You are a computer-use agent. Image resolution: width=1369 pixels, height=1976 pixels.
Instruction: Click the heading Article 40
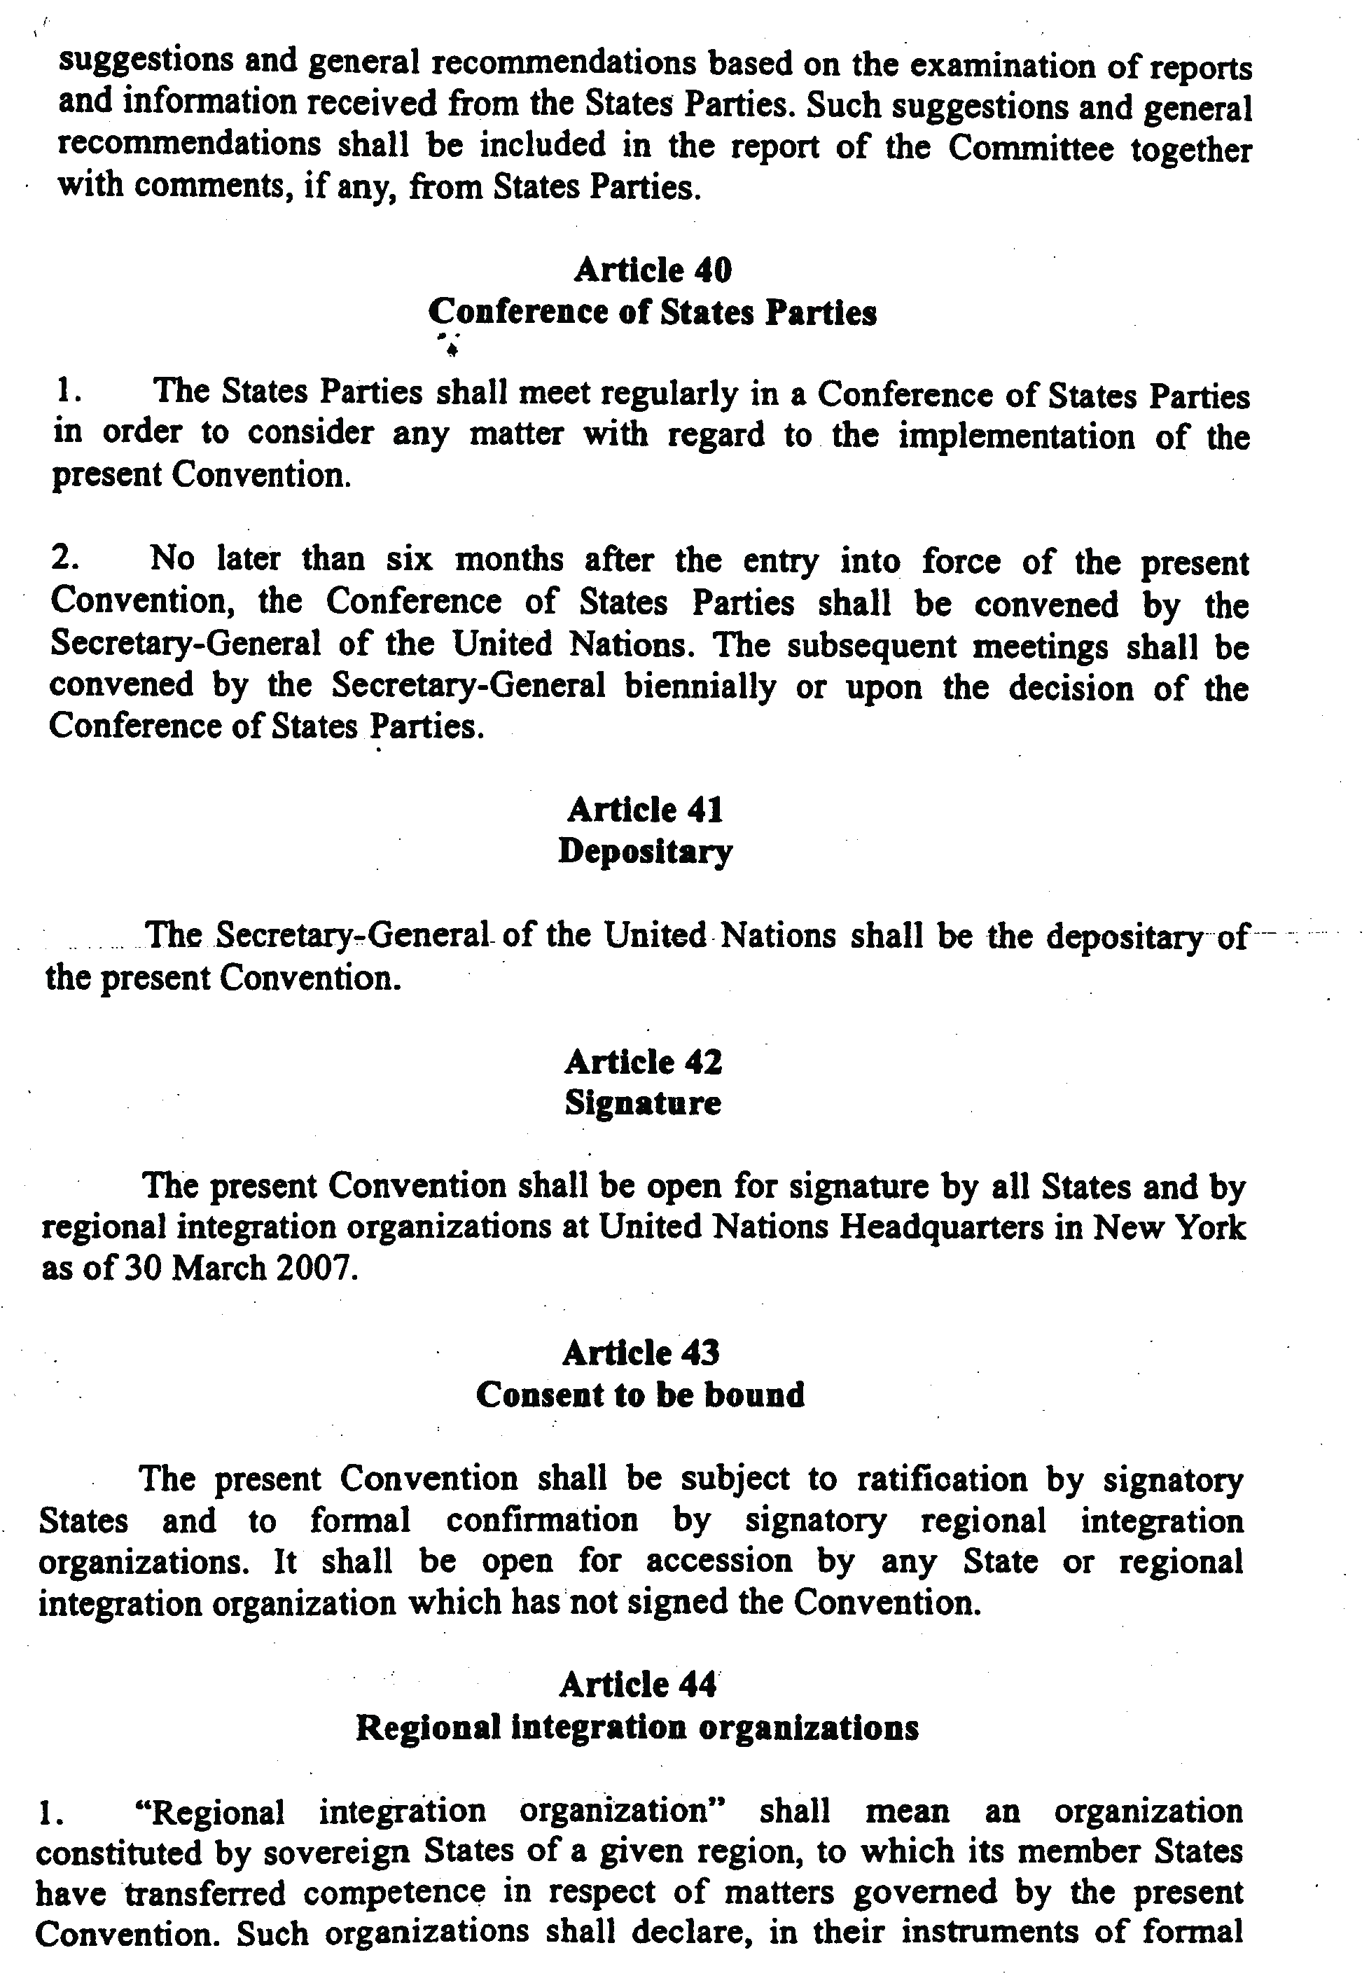(653, 270)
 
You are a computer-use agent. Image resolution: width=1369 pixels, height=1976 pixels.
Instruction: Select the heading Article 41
(645, 809)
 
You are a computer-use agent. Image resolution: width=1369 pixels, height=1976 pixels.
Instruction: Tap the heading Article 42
(644, 1062)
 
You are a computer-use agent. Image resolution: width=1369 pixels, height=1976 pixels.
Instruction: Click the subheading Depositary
(645, 851)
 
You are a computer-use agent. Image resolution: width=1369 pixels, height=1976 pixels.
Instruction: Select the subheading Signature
(642, 1103)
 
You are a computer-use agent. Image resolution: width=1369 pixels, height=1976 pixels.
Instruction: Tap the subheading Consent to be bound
(640, 1395)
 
